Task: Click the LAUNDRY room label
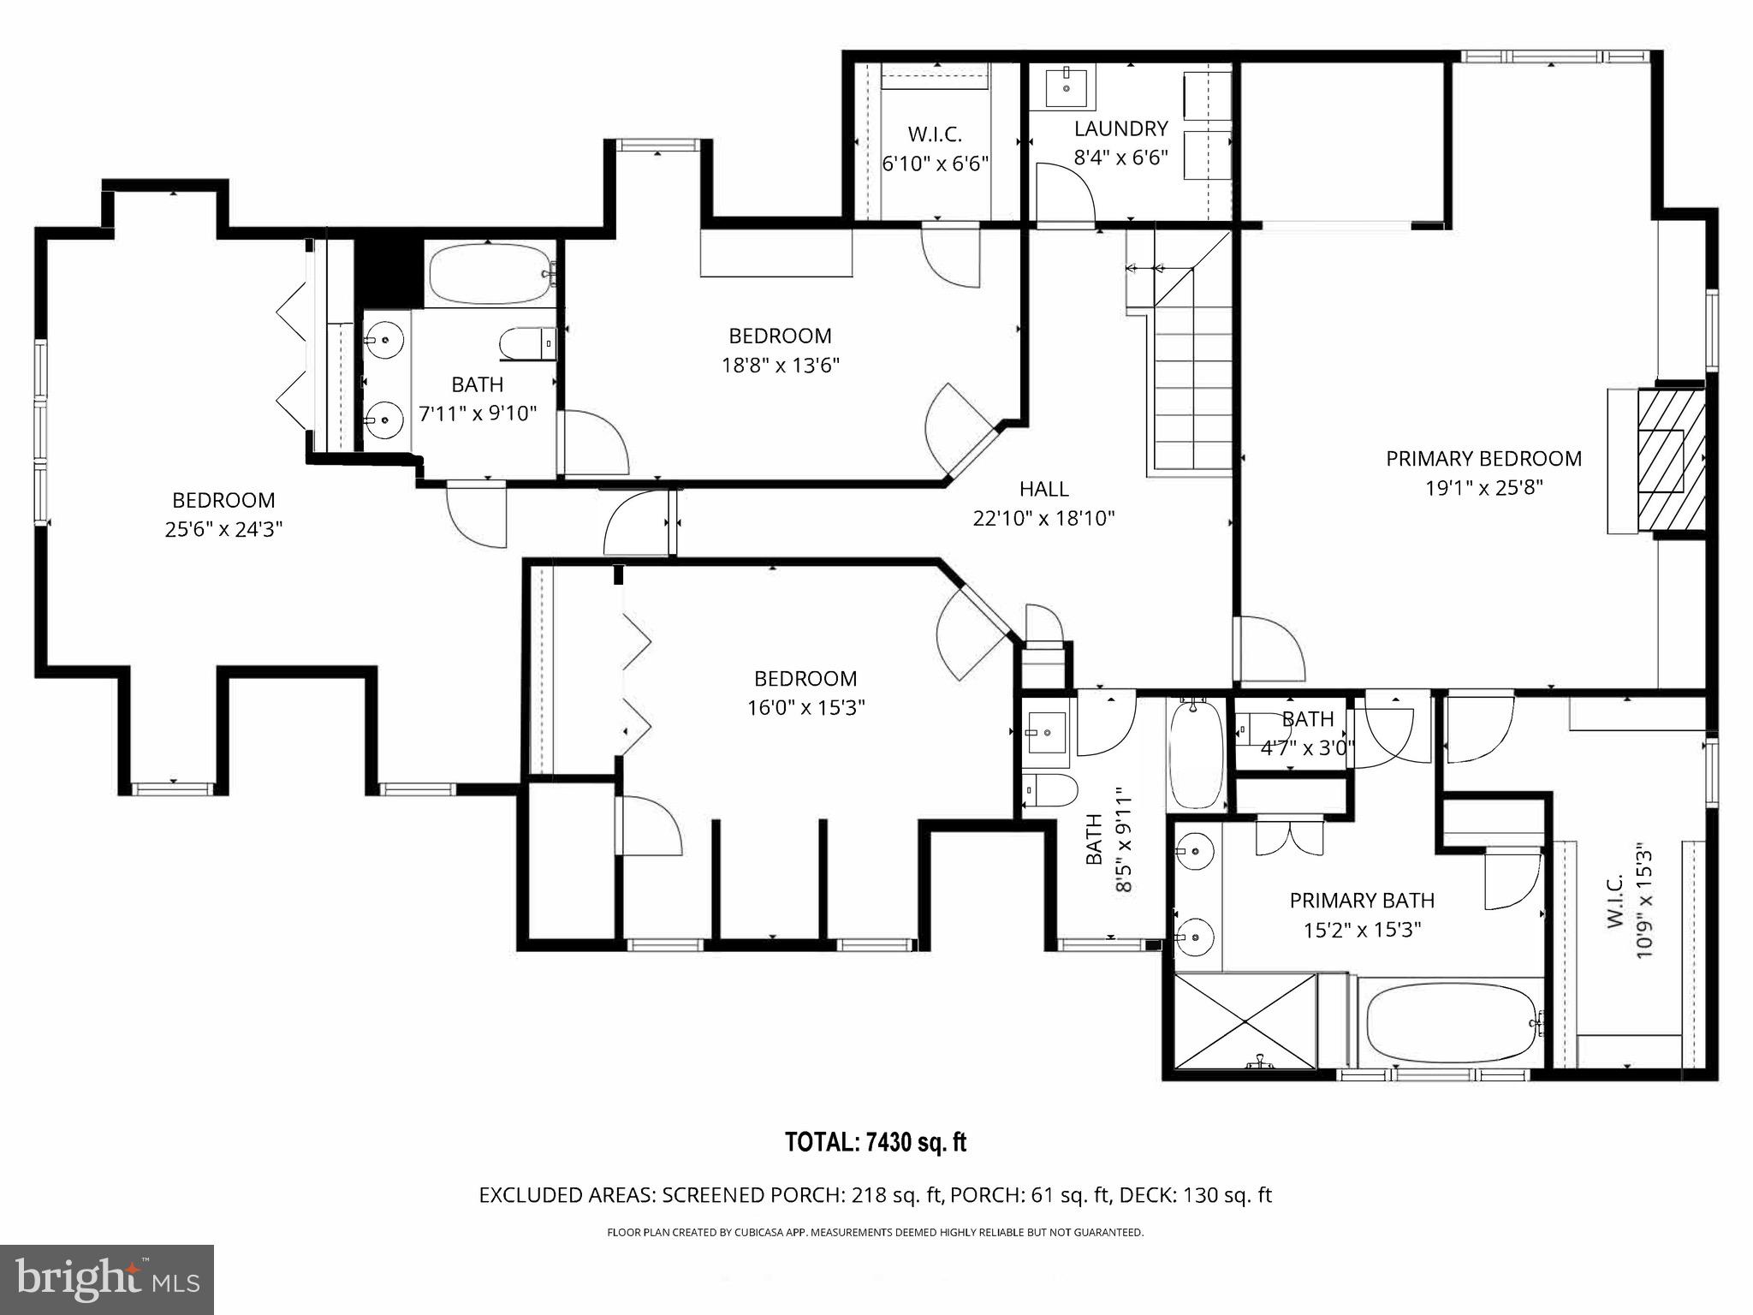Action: pyautogui.click(x=1120, y=128)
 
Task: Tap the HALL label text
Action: pyautogui.click(x=1043, y=489)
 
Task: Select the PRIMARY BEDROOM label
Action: pyautogui.click(x=1483, y=459)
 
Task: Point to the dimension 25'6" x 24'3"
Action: pyautogui.click(x=223, y=529)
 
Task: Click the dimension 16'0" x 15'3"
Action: pyautogui.click(x=805, y=708)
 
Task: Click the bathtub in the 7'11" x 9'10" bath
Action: pyautogui.click(x=490, y=274)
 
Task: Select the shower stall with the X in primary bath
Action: pyautogui.click(x=1245, y=1020)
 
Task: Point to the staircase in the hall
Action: pyautogui.click(x=1192, y=385)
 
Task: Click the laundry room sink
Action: pyautogui.click(x=1067, y=86)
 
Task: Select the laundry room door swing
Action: pyautogui.click(x=1064, y=194)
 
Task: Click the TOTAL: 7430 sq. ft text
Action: pyautogui.click(x=876, y=1142)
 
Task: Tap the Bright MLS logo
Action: pyautogui.click(x=107, y=1279)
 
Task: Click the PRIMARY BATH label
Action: pyautogui.click(x=1361, y=901)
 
